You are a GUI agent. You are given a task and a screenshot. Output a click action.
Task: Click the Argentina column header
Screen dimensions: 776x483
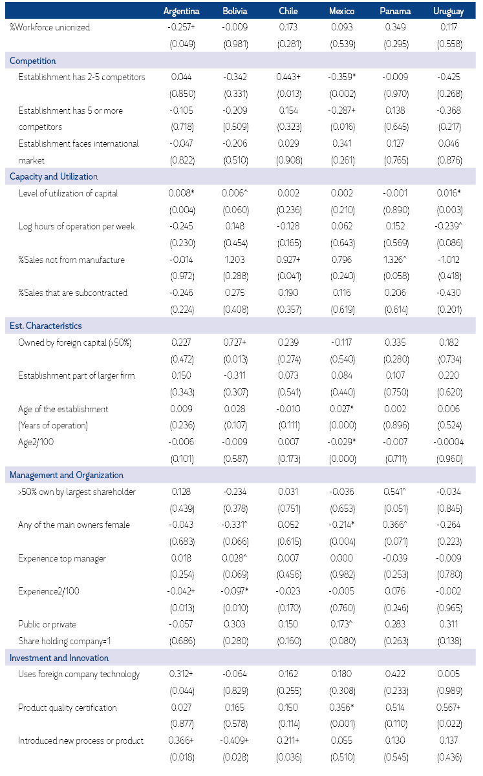[182, 11]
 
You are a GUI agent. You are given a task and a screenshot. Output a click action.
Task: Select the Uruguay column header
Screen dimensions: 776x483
[449, 11]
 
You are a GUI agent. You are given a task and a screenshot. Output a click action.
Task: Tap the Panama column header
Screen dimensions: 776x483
[395, 11]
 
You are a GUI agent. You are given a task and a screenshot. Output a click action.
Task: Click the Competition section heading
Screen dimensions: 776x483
[33, 61]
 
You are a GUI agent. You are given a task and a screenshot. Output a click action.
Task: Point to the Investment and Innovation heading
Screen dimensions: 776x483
[59, 658]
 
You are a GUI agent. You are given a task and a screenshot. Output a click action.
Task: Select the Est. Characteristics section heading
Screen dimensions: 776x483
[46, 326]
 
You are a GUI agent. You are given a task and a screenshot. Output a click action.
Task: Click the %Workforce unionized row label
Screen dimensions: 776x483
[50, 27]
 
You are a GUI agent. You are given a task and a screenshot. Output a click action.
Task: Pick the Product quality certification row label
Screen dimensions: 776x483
[67, 708]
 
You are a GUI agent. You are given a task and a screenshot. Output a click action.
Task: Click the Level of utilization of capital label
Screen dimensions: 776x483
[68, 193]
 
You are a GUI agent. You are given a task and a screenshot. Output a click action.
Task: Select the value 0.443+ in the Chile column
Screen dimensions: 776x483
[288, 78]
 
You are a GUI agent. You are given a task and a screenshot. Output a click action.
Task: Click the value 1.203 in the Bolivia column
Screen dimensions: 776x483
[235, 260]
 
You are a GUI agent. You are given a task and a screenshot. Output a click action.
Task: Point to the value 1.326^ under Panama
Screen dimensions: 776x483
[396, 260]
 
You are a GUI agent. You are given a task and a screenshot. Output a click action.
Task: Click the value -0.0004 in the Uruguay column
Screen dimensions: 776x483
[448, 442]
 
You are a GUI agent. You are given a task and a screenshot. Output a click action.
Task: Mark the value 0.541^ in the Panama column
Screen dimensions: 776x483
[396, 492]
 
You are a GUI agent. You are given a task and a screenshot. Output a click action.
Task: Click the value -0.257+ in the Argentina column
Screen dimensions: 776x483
[181, 27]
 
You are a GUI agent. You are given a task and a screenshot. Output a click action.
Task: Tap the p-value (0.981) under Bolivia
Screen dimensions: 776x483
[235, 44]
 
